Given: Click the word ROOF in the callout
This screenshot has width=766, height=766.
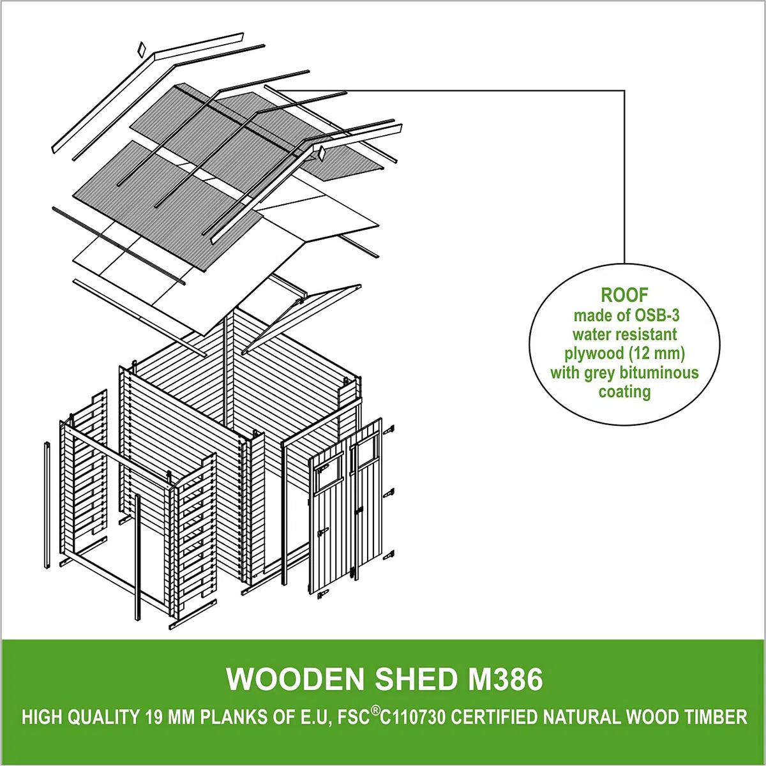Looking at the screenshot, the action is coord(624,296).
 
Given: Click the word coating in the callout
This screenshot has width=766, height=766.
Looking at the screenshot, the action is coord(624,392).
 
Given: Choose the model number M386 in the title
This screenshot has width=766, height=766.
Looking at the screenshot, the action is coord(505,679).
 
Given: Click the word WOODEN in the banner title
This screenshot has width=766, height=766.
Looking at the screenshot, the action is coord(294,679).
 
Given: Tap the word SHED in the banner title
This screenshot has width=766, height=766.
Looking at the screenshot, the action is coord(416,679).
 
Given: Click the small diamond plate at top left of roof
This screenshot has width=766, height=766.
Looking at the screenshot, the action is coord(141,48).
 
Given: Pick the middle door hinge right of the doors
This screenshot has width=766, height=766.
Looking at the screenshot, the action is coord(388,493).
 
